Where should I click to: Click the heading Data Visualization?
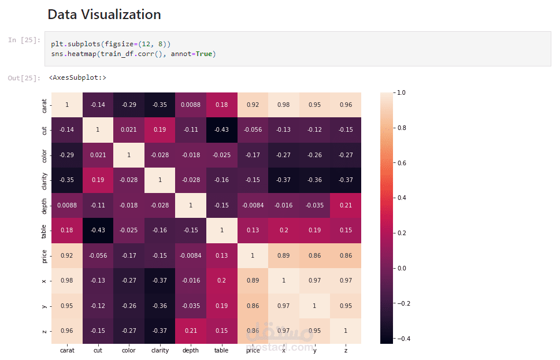pos(104,14)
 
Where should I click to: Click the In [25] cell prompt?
pos(24,40)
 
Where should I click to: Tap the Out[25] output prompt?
pos(24,77)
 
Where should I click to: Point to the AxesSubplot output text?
pos(77,77)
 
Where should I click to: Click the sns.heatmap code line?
pos(133,54)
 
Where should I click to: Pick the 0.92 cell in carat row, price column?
pos(253,105)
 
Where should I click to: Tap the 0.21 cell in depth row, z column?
pos(346,205)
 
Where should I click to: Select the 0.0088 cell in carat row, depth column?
pos(190,105)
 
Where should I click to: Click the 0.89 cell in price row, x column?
pos(284,255)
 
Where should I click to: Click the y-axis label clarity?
pos(45,180)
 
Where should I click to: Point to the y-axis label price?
pos(45,255)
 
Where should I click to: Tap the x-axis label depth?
pos(190,350)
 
